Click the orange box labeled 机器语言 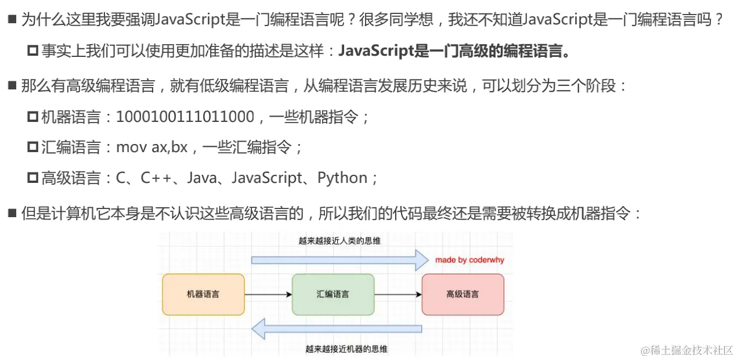coord(203,294)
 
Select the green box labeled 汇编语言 coord(333,294)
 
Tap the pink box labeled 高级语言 coord(463,294)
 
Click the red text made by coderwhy coord(469,260)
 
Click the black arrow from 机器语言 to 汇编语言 coord(268,295)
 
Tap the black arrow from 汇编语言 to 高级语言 coord(398,295)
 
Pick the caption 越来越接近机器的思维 coord(346,349)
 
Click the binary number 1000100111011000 coord(185,117)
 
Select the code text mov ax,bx coord(152,147)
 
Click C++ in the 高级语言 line coord(158,178)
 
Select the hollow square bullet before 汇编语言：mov coord(32,147)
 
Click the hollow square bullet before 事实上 coord(32,52)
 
